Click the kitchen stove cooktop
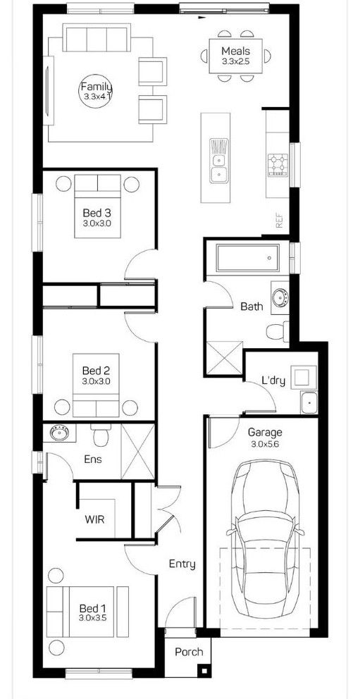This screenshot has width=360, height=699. click(278, 165)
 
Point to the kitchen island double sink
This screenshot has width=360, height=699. click(218, 159)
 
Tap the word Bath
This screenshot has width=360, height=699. click(252, 307)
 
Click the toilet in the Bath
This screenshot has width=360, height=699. click(278, 330)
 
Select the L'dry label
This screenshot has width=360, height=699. click(273, 381)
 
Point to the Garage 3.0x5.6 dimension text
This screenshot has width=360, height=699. click(265, 445)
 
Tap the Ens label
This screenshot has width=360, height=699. click(92, 459)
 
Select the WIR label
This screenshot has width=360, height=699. click(95, 519)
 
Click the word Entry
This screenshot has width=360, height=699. click(182, 564)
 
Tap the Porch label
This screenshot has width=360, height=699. click(190, 652)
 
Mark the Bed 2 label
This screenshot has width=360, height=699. click(96, 371)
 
